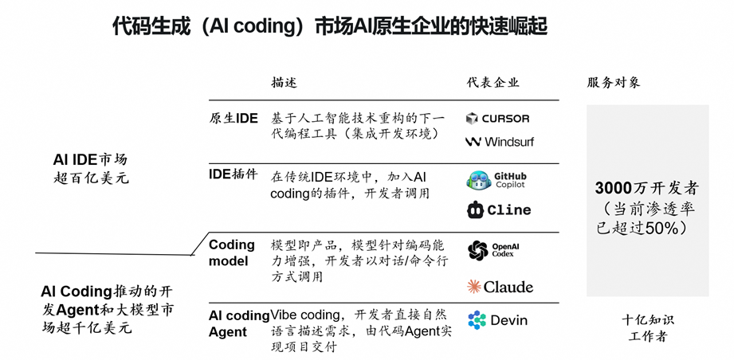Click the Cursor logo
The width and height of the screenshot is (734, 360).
click(x=497, y=119)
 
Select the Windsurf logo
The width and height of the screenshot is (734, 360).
click(x=500, y=142)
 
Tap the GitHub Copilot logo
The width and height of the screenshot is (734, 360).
click(x=497, y=181)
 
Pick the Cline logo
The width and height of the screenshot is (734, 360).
click(x=498, y=210)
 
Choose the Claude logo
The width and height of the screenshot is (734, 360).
click(x=500, y=287)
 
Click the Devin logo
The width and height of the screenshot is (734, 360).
click(x=498, y=320)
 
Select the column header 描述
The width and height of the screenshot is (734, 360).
click(x=284, y=83)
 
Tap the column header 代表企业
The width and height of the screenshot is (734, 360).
click(x=493, y=83)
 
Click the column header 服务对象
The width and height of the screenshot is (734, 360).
click(x=614, y=83)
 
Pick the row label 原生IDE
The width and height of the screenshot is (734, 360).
click(x=234, y=119)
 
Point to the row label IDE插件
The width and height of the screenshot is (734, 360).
click(x=233, y=174)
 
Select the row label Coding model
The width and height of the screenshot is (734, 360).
click(x=231, y=252)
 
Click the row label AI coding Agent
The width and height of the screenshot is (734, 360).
click(x=238, y=323)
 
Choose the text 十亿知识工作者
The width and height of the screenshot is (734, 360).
click(x=647, y=328)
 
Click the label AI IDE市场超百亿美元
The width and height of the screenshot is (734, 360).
click(x=89, y=168)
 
